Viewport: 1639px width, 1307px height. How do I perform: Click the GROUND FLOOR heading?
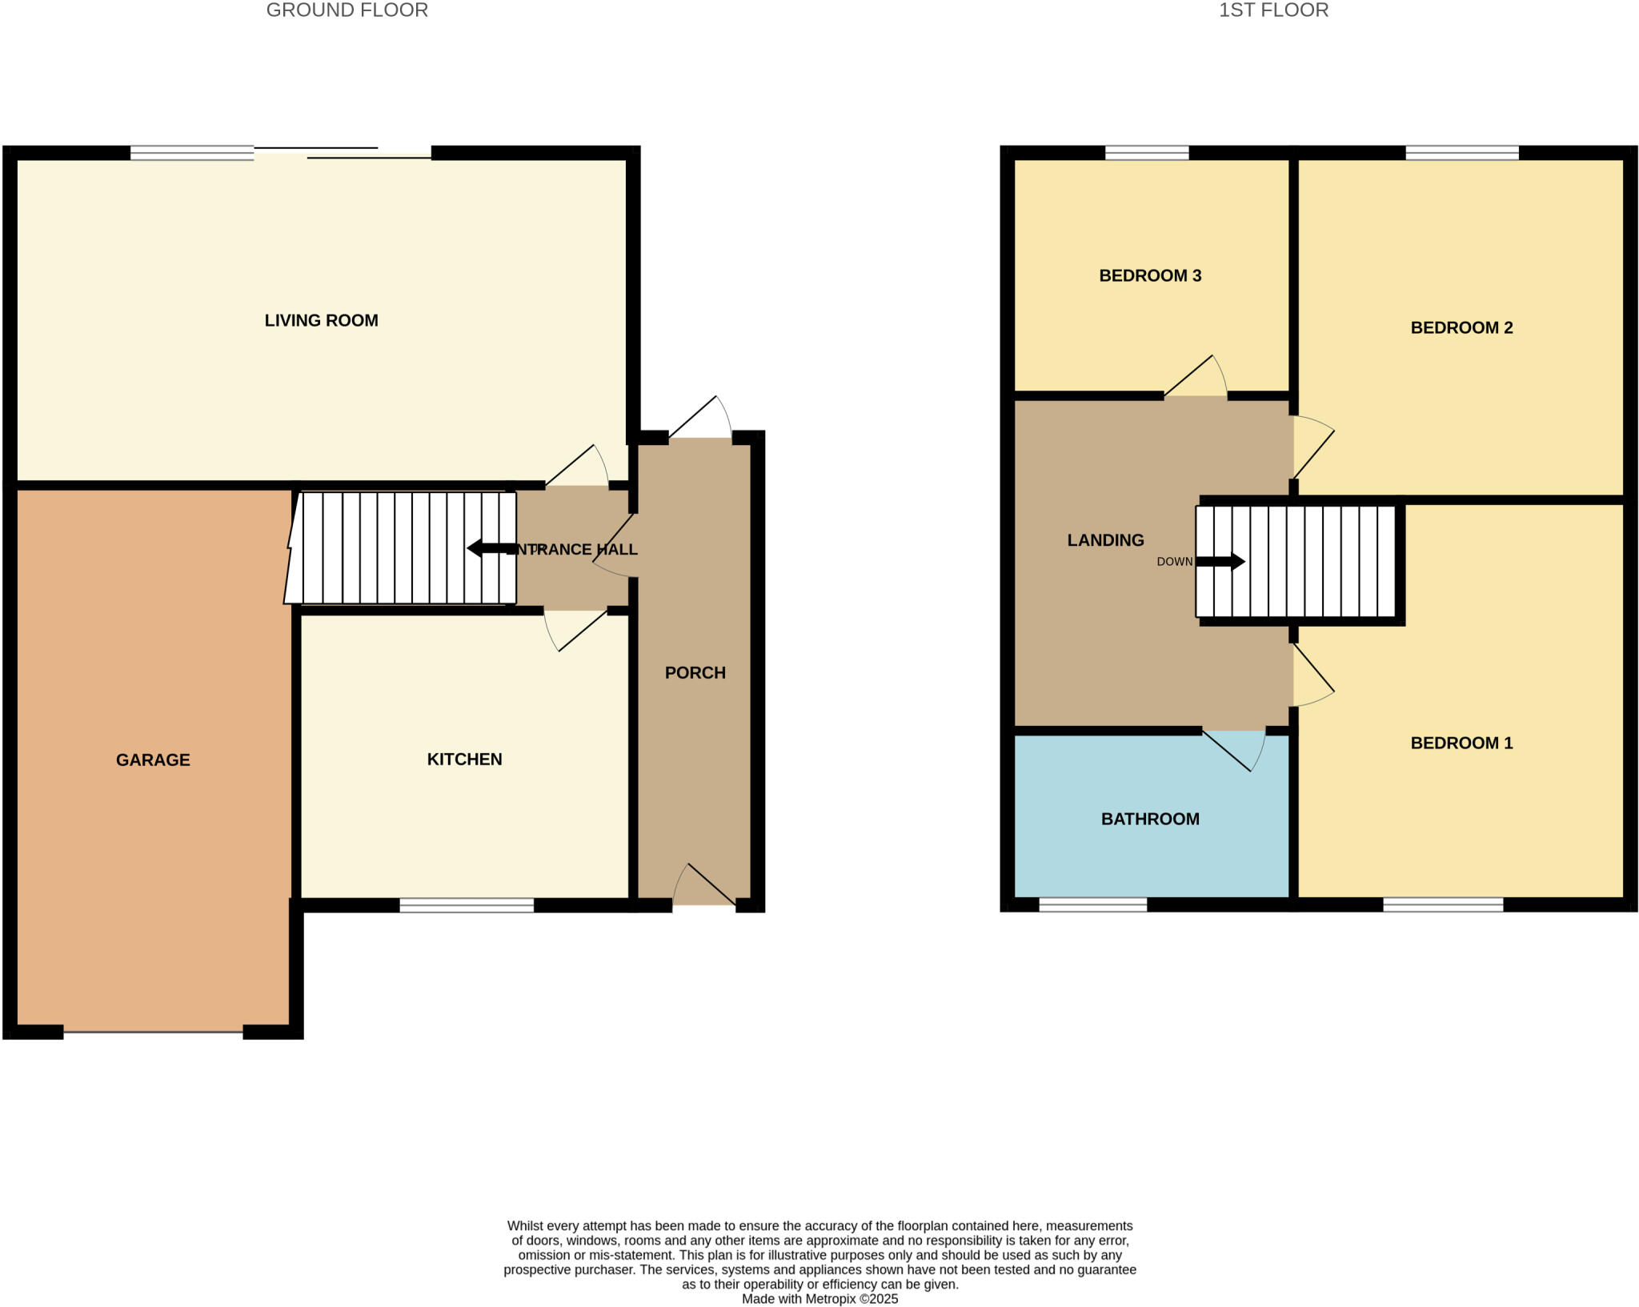coord(347,10)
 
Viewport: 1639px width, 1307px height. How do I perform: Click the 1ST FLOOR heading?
coord(1273,10)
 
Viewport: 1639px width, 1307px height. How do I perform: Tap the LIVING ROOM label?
coord(321,320)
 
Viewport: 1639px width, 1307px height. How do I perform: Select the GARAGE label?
coord(153,760)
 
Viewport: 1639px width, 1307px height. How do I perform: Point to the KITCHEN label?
coord(464,759)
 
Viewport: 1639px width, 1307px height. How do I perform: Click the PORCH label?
coord(695,672)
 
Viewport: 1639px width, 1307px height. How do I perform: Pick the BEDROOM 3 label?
coord(1150,275)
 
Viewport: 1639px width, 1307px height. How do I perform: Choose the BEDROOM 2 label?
coord(1461,327)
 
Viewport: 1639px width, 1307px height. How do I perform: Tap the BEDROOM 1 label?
coord(1461,743)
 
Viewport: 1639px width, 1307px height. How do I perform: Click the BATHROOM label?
coord(1150,819)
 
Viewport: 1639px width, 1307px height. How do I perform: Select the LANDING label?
coord(1105,540)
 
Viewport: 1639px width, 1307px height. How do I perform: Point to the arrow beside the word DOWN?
coord(1220,562)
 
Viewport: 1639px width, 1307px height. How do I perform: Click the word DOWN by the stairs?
coord(1174,562)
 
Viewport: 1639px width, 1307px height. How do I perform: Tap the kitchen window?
coord(467,905)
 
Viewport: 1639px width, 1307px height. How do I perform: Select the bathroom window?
coord(1092,905)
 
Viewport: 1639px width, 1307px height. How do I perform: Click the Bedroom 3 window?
coord(1147,153)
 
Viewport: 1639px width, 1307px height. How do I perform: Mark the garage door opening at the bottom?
coord(153,1032)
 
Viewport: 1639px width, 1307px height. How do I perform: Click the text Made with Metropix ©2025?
coord(819,1299)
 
